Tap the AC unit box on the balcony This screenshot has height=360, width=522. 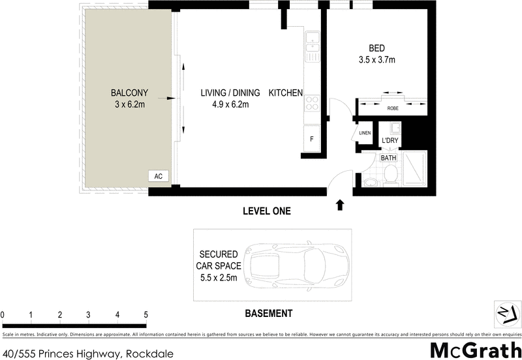pos(157,176)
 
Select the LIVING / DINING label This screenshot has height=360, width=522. pos(226,93)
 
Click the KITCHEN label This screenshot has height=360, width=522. pos(286,93)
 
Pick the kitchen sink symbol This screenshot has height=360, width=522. pos(313,41)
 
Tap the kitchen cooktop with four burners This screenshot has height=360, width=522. pos(313,102)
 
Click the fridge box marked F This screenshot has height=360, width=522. pos(312,139)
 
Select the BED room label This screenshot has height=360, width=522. pos(376,48)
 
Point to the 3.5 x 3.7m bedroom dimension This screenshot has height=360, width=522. pos(376,60)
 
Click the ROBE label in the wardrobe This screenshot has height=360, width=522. pos(393,109)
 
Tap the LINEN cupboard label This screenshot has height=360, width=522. pos(364,133)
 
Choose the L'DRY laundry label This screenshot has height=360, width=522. pos(390,141)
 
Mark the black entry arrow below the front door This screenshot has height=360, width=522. pos(339,205)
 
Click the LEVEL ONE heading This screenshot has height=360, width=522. pos(266,211)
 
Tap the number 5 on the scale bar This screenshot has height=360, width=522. pos(146,315)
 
